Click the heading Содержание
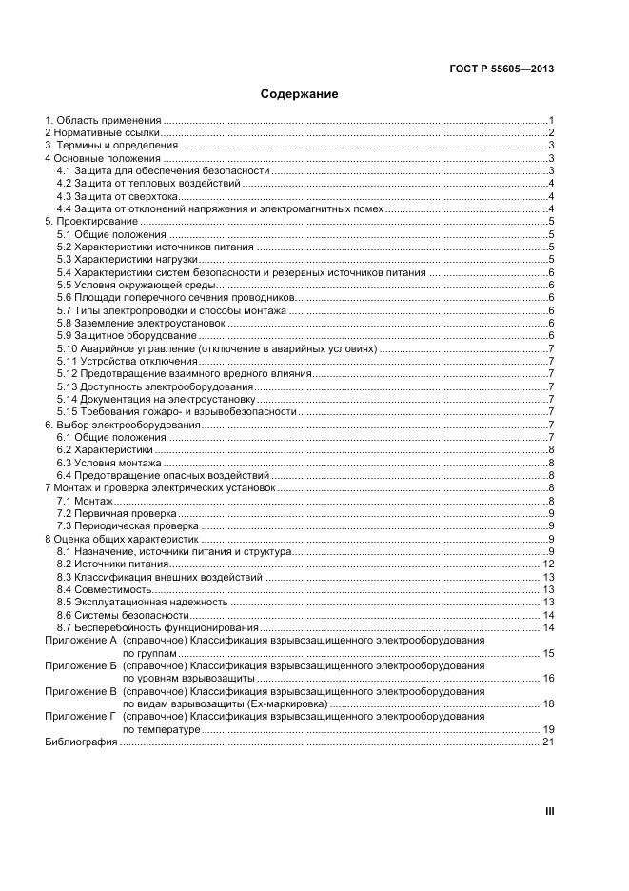point(300,95)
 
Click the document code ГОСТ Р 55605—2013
point(501,69)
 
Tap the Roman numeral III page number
point(549,811)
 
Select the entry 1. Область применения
point(103,121)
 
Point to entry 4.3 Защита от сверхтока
point(116,196)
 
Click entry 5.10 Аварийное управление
point(217,348)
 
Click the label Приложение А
point(80,641)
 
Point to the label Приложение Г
point(80,716)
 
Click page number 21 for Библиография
point(547,742)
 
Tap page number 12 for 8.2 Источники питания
point(547,564)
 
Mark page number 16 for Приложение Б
point(547,678)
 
